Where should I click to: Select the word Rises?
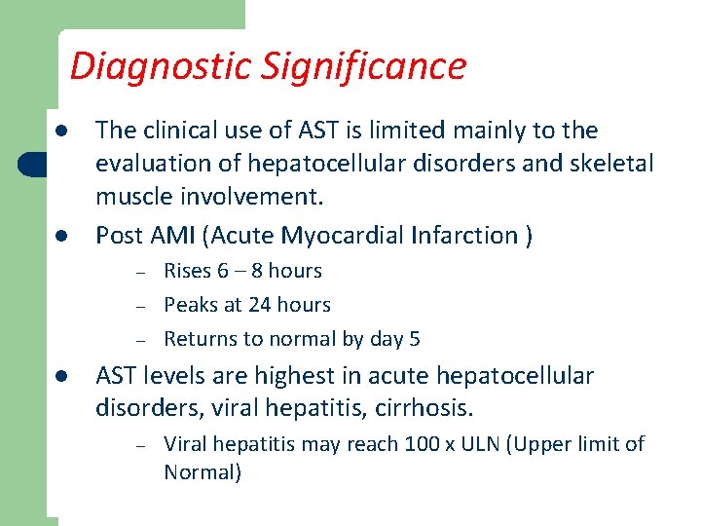point(189,271)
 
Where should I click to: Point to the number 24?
point(260,305)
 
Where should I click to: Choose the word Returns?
point(199,339)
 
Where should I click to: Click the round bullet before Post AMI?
point(60,236)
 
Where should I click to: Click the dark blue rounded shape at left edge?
point(35,164)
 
